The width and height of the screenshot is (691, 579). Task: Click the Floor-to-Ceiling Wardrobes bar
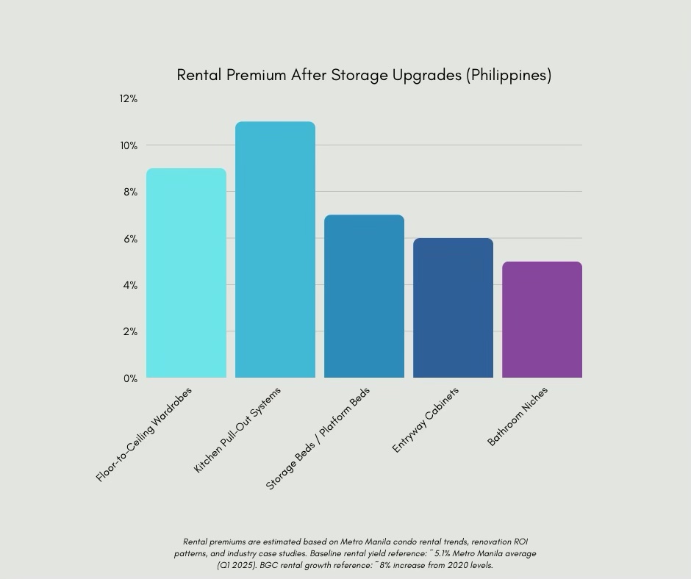point(186,273)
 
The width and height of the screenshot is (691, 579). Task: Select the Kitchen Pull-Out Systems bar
point(275,250)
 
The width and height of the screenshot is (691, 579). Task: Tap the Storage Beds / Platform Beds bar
point(364,296)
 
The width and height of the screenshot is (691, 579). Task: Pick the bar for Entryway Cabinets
point(453,308)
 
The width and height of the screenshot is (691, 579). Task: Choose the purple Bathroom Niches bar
point(542,320)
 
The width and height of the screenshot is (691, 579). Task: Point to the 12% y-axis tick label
point(129,98)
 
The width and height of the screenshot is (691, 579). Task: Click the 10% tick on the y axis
point(129,145)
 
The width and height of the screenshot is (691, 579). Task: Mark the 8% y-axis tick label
point(130,192)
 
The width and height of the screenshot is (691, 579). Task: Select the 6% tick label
point(130,239)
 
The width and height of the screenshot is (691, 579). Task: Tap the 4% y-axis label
point(130,285)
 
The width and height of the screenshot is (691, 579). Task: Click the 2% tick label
point(130,331)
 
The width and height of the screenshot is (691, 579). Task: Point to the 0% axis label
point(130,378)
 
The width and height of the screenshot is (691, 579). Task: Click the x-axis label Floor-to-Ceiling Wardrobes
point(144,434)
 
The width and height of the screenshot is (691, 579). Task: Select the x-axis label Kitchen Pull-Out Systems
point(237,430)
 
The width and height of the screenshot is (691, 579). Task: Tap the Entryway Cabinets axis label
point(426,420)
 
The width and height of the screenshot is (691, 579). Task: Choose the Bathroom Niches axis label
point(518,417)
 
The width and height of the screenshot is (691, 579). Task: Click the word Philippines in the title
point(509,75)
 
